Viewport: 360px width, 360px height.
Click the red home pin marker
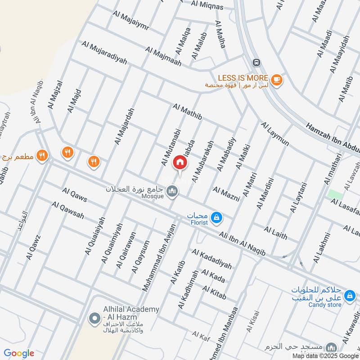pyautogui.click(x=180, y=162)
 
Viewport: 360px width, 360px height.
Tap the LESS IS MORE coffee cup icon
pyautogui.click(x=277, y=80)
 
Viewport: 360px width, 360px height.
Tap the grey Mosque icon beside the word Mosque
pyautogui.click(x=172, y=192)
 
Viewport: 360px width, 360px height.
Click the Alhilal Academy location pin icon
pyautogui.click(x=94, y=319)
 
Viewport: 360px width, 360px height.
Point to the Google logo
pyautogui.click(x=19, y=353)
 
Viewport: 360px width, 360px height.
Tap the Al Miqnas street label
pyautogui.click(x=207, y=5)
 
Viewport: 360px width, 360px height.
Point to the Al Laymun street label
pyautogui.click(x=274, y=133)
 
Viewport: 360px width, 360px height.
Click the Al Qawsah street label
pyautogui.click(x=68, y=210)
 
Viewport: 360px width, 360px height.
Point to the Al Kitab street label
pyautogui.click(x=214, y=292)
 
